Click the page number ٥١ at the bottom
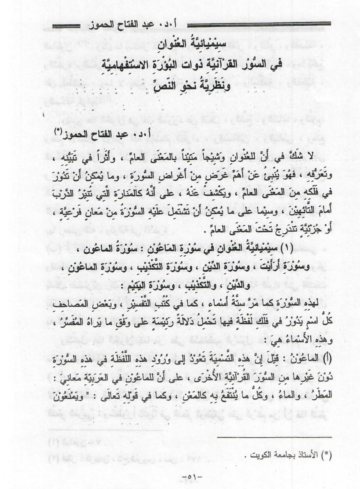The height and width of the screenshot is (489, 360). [180, 477]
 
